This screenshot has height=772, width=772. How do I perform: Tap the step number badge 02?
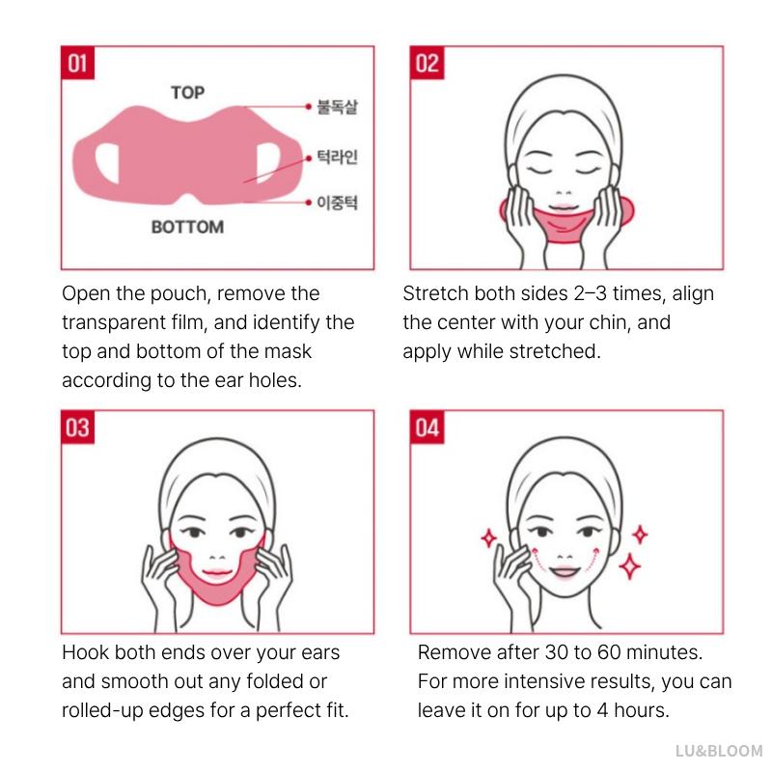pos(427,64)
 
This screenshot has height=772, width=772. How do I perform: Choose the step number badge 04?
pos(427,427)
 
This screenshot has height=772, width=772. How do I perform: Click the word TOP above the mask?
pos(187,93)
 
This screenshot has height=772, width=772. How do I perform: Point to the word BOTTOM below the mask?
pos(187,228)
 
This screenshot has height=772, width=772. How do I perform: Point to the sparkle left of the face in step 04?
pos(489,538)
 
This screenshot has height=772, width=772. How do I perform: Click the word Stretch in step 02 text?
pos(434,293)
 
